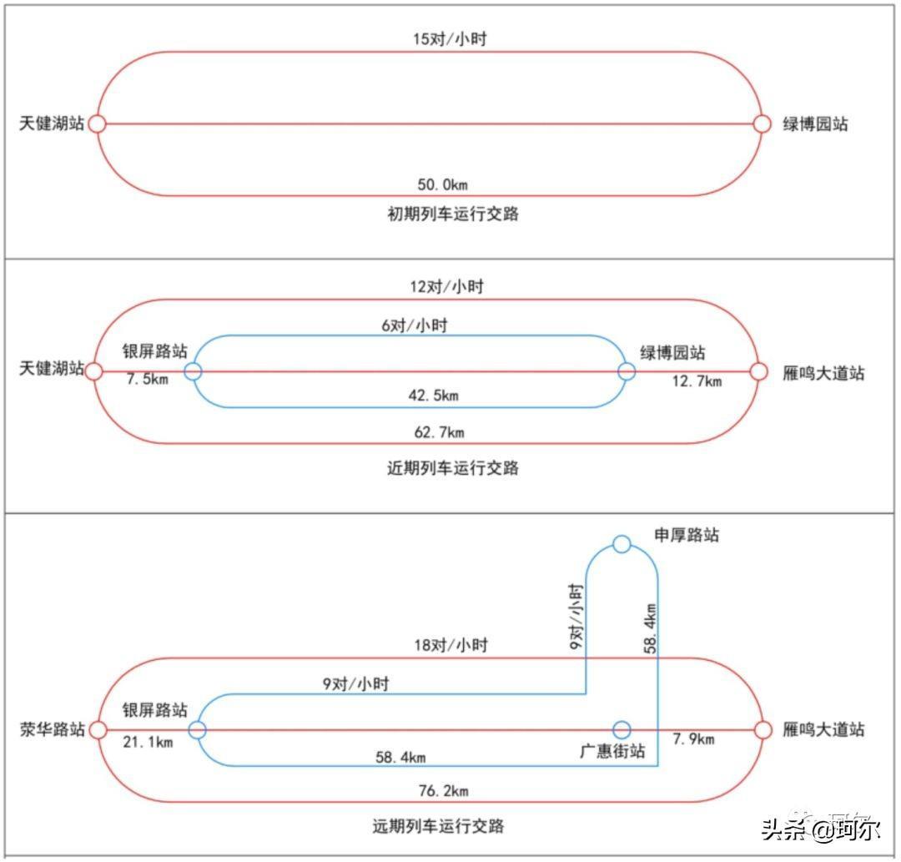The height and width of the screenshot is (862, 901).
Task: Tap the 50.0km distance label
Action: point(449,184)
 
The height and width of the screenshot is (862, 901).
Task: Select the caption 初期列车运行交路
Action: point(453,214)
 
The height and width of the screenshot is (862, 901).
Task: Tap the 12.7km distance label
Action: point(697,382)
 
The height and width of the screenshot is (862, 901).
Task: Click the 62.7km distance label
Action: point(439,431)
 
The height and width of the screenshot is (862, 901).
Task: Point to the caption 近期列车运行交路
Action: point(453,467)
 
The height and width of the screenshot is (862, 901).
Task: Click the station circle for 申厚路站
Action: point(622,544)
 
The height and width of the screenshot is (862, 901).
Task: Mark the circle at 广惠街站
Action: point(622,729)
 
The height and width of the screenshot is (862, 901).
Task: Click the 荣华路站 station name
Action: point(52,730)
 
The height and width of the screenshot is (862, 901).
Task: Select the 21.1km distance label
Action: point(148,743)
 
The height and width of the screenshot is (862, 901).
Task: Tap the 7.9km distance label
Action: point(693,740)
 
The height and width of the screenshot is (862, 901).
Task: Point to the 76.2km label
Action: point(445,790)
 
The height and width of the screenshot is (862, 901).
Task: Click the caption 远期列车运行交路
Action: point(438,827)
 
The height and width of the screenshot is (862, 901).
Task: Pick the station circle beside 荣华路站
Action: point(98,730)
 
